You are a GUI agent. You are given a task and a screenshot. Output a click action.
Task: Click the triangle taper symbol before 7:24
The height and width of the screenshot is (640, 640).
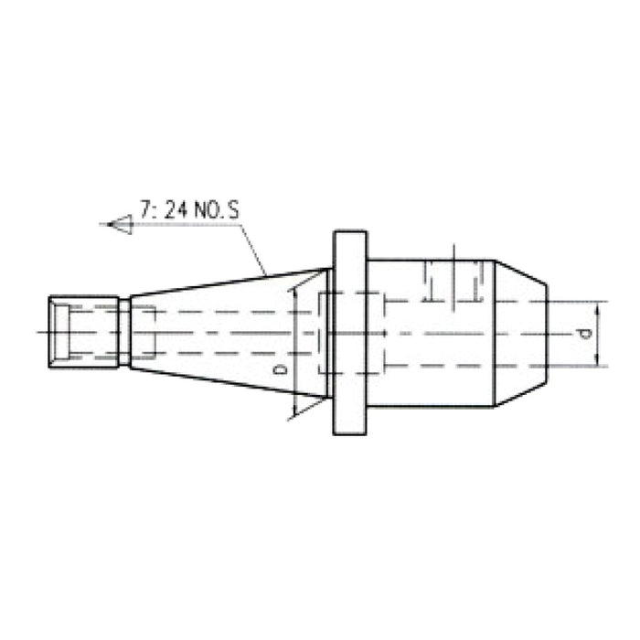[x=120, y=222]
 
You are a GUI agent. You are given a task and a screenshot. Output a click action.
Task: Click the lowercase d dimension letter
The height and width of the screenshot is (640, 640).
[x=584, y=334]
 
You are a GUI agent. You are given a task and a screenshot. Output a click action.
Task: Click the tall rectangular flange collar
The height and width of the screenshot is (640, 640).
[x=349, y=333]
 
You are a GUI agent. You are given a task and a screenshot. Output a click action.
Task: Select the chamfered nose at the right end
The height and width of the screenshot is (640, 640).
[x=521, y=333]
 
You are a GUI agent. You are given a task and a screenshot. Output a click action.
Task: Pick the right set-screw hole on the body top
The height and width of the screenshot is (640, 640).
[x=474, y=280]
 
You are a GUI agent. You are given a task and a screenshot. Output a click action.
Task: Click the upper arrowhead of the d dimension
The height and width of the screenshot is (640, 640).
[x=597, y=305]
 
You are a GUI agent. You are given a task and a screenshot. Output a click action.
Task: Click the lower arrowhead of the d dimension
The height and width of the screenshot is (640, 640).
[x=597, y=362]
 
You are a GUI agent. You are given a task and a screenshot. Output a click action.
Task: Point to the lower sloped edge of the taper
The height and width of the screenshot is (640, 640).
[x=229, y=382]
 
